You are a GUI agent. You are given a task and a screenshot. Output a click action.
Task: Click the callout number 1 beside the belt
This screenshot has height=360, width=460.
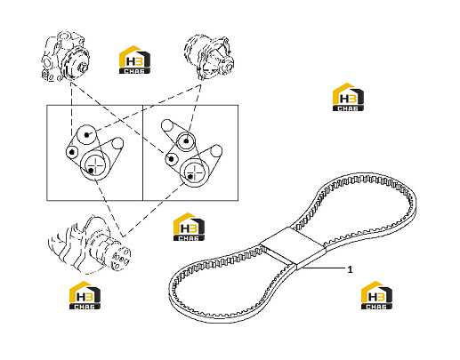(x=350, y=269)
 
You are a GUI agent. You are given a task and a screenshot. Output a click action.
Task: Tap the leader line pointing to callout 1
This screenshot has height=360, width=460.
(x=324, y=268)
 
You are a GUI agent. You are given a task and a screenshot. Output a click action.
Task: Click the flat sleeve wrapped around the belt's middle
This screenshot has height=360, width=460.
(x=293, y=245)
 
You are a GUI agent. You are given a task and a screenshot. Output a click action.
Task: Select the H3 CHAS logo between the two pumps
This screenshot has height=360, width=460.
(x=134, y=60)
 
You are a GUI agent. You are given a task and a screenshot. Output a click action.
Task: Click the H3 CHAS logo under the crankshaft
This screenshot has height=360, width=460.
(x=85, y=295)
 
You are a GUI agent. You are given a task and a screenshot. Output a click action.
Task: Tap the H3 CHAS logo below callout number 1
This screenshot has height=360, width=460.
(x=376, y=295)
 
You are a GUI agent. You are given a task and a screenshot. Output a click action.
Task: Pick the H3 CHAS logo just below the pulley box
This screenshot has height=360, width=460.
(x=189, y=227)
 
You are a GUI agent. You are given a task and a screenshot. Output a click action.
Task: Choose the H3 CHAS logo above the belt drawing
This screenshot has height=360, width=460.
(x=348, y=97)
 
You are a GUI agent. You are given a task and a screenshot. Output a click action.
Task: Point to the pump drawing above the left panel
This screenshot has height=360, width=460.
(x=65, y=56)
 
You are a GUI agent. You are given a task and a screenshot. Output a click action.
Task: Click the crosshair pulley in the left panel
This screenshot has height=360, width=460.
(x=95, y=164)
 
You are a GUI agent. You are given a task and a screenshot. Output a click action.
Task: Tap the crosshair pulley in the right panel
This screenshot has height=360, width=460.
(x=194, y=172)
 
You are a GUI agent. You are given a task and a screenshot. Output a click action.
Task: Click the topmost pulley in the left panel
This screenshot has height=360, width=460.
(x=86, y=134)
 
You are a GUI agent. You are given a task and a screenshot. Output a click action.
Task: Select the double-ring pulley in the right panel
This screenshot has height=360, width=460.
(x=186, y=141)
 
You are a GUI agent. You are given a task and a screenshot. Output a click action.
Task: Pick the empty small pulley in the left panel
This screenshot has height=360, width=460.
(x=117, y=143)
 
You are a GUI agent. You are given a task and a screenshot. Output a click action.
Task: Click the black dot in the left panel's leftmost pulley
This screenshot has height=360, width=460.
(x=71, y=152)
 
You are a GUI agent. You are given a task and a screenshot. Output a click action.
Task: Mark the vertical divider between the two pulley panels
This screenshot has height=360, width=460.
(x=143, y=153)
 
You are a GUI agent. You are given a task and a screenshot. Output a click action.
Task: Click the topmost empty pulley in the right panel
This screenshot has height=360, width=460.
(x=167, y=125)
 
